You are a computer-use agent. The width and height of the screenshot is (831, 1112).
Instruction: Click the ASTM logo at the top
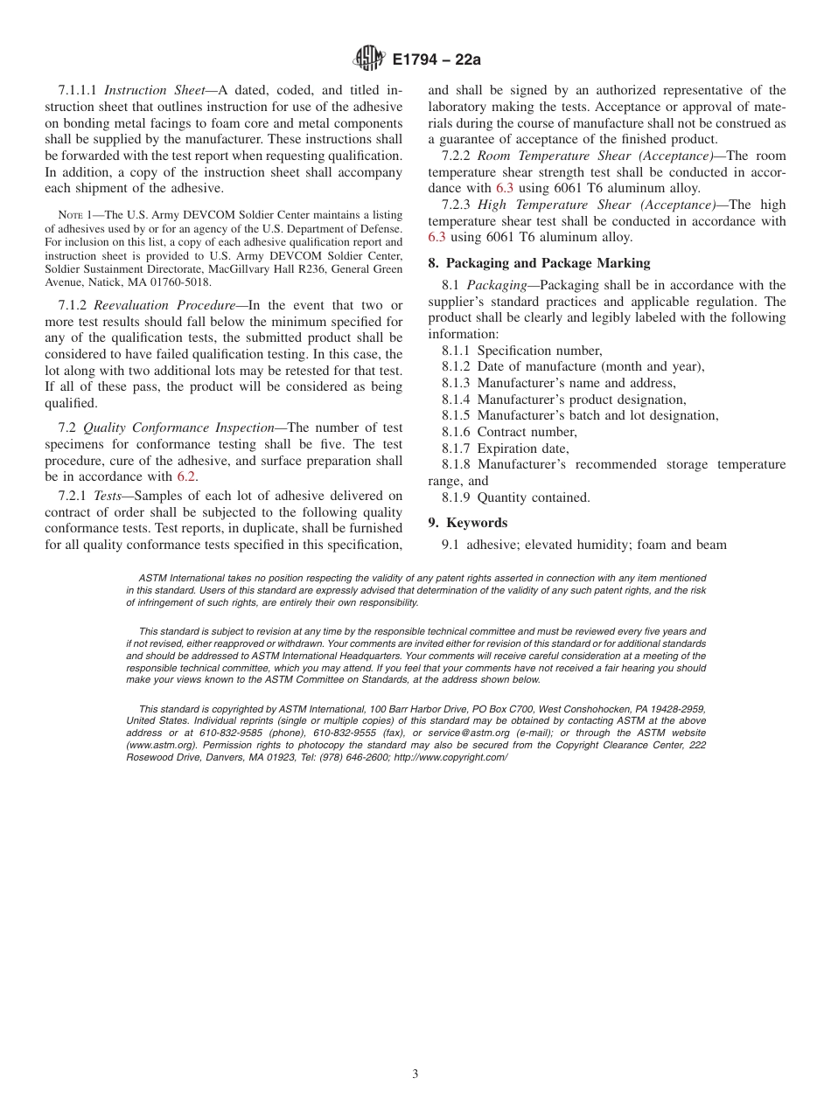pyautogui.click(x=368, y=59)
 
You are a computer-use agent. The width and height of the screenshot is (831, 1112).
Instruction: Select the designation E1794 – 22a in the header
pyautogui.click(x=436, y=59)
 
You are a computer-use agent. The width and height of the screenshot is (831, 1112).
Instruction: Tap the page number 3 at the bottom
pyautogui.click(x=415, y=1074)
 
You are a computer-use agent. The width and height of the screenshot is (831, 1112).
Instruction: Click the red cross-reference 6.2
pyautogui.click(x=186, y=476)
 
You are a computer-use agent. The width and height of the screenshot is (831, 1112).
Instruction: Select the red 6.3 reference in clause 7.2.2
pyautogui.click(x=506, y=188)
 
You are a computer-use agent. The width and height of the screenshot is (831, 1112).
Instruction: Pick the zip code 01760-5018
pyautogui.click(x=179, y=282)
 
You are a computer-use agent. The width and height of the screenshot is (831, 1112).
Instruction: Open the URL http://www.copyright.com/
pyautogui.click(x=450, y=757)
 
